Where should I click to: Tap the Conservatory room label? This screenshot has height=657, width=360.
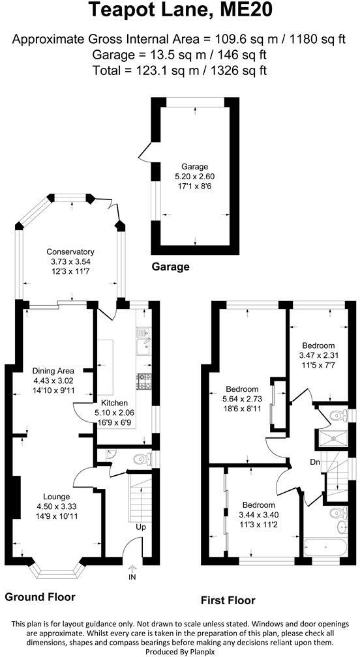[70, 252]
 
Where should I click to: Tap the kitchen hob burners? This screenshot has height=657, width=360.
[143, 381]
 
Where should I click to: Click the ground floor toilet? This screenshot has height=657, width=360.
[142, 460]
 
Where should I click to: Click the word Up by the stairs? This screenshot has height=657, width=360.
[140, 527]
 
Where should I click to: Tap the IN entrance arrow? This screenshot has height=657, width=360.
[133, 568]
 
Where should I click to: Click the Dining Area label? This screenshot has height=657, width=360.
[53, 371]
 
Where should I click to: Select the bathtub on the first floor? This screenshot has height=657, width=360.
[325, 547]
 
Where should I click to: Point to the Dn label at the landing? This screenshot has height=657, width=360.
[315, 462]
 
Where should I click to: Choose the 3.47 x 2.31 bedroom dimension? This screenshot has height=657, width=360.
[318, 355]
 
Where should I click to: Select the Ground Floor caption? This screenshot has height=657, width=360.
[40, 597]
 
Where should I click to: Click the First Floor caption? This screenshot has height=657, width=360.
[228, 600]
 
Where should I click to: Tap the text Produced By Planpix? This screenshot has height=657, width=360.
[179, 652]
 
